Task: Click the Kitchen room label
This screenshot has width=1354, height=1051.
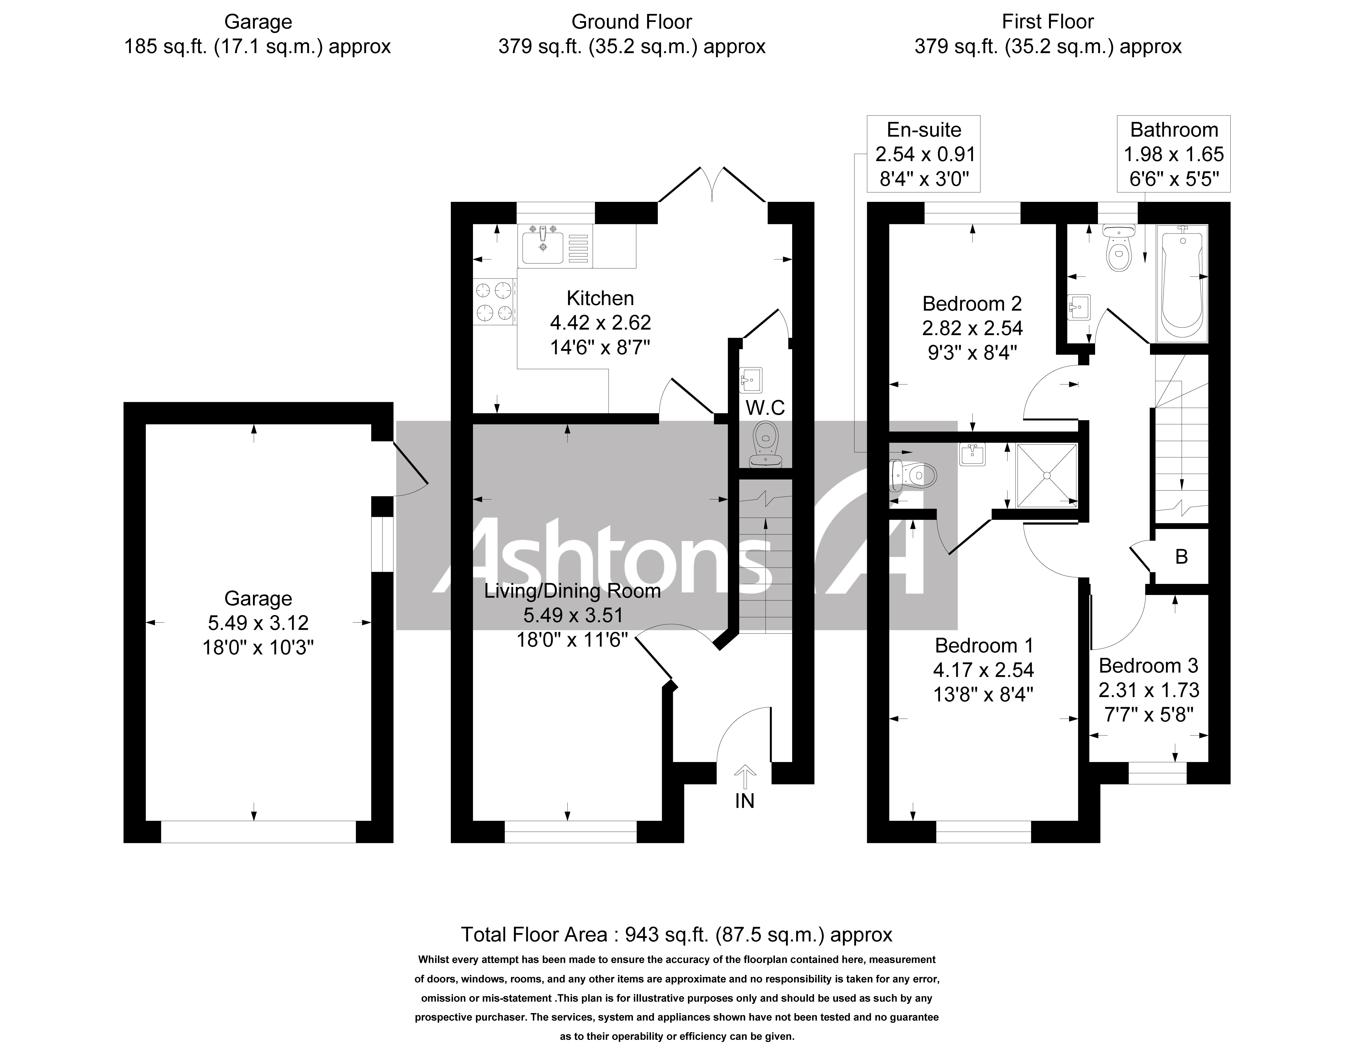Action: coord(600,299)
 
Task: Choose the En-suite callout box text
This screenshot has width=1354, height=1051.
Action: coord(924,154)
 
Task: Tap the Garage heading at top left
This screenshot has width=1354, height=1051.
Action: coord(258,22)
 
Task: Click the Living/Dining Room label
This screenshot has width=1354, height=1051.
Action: coord(572,591)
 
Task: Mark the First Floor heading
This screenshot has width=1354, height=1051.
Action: coord(1048,22)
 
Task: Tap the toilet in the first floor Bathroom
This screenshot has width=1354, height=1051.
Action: coord(1118,248)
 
